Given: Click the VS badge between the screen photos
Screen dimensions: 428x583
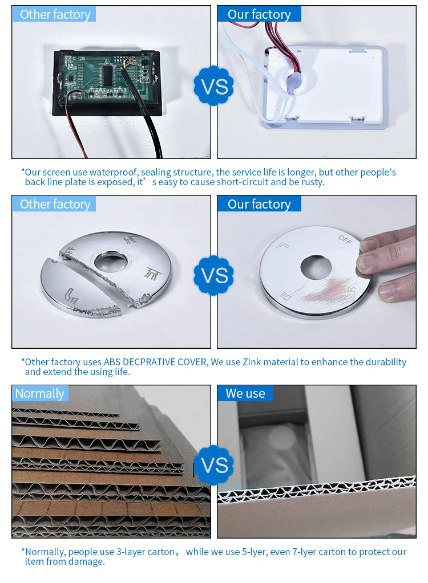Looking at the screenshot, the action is point(213,86).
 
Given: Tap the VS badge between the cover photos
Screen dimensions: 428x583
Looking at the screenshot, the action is point(213,275).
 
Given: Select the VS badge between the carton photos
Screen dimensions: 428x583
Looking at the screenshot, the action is point(213,465).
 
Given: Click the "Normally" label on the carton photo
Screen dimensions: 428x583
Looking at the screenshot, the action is point(40,393).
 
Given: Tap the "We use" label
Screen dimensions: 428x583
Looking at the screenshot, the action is point(245,393).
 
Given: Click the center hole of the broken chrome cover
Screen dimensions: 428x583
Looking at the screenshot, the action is point(112,262).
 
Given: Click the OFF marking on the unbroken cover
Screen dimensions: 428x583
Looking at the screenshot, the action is point(345,240).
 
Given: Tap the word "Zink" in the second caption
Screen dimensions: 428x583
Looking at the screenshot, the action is point(251,362).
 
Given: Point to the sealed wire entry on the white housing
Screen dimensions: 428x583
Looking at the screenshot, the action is point(291,83).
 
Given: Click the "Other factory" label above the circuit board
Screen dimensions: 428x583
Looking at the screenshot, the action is point(54,14).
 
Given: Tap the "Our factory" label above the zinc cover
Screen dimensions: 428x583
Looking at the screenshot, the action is point(259,204).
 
